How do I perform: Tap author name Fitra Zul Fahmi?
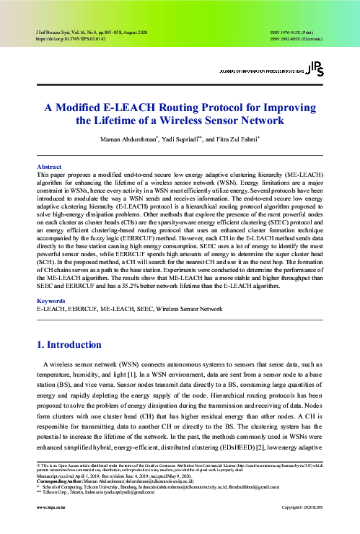[x=226, y=138]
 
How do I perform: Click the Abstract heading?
[x=48, y=165]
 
